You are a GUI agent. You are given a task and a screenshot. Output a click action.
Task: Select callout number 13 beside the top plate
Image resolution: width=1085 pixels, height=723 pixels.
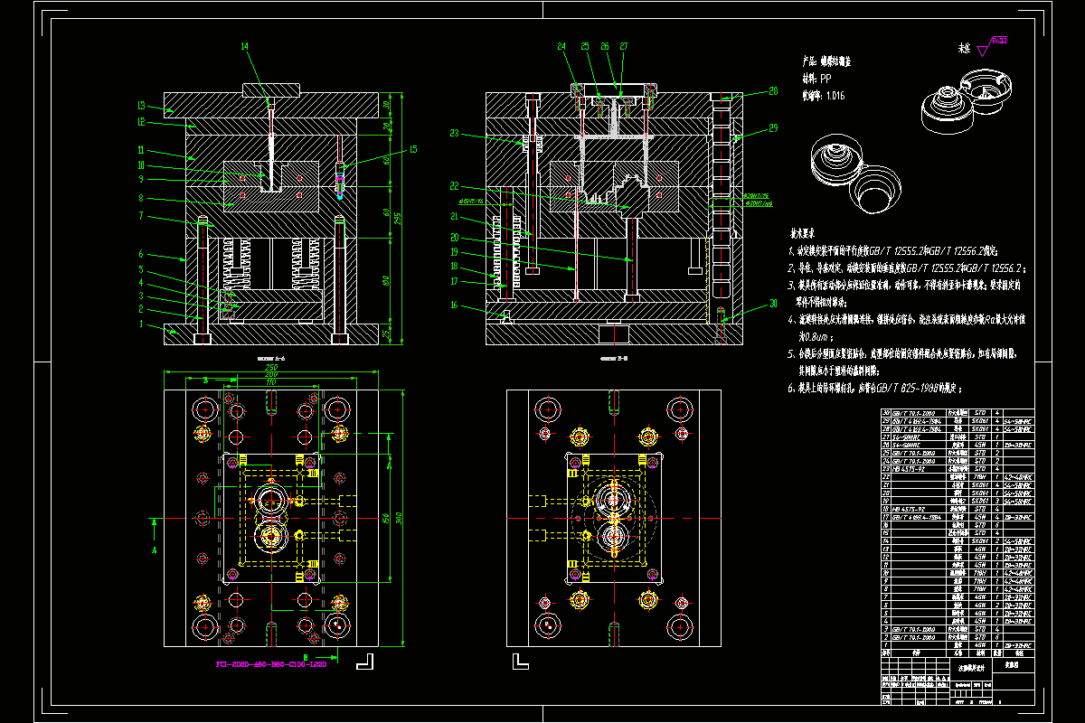coord(141,104)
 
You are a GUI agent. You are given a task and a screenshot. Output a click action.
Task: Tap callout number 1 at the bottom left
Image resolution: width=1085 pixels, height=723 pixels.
coord(141,323)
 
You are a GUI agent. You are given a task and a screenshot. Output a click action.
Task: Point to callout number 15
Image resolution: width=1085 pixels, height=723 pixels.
coord(412,149)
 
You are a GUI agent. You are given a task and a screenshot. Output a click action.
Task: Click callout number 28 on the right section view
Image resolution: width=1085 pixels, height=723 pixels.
coord(773,90)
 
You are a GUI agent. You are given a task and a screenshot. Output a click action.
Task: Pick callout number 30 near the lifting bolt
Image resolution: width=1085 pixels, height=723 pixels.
coord(773,303)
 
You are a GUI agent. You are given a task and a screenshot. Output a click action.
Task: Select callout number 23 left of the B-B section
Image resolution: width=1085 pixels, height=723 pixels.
coord(455,134)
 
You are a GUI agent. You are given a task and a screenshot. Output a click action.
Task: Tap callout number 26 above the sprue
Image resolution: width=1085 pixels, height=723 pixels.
coord(605,46)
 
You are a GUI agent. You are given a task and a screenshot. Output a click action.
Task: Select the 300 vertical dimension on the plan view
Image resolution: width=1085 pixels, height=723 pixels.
coord(399,518)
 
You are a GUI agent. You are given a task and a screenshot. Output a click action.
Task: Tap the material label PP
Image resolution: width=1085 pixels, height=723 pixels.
coord(825,79)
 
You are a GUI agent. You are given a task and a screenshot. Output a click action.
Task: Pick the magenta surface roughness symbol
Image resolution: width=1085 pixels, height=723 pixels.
coord(997,42)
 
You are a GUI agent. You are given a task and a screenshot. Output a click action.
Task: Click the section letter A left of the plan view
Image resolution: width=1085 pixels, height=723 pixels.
coord(154,549)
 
